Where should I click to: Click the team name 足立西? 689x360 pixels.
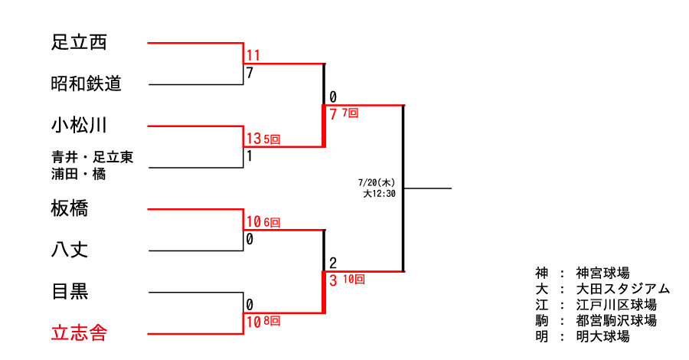pyautogui.click(x=79, y=43)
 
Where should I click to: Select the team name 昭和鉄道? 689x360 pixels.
pyautogui.click(x=87, y=83)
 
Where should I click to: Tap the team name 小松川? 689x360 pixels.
pyautogui.click(x=79, y=125)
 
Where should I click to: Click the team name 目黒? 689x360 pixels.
pyautogui.click(x=69, y=291)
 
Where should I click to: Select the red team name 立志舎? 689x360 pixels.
pyautogui.click(x=79, y=333)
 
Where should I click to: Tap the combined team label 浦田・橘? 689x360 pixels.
pyautogui.click(x=79, y=174)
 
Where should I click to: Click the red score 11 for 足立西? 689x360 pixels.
pyautogui.click(x=253, y=56)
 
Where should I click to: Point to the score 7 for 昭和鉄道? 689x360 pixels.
pyautogui.click(x=250, y=74)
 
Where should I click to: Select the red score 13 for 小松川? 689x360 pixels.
pyautogui.click(x=253, y=139)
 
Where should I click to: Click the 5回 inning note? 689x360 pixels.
pyautogui.click(x=272, y=139)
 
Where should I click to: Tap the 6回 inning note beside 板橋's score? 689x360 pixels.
pyautogui.click(x=272, y=222)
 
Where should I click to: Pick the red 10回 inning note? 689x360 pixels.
pyautogui.click(x=354, y=280)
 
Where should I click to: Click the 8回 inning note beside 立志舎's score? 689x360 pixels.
pyautogui.click(x=272, y=321)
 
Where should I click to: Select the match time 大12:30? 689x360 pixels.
pyautogui.click(x=378, y=194)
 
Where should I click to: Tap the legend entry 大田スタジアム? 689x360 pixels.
pyautogui.click(x=622, y=289)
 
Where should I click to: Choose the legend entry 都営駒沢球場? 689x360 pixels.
pyautogui.click(x=616, y=321)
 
